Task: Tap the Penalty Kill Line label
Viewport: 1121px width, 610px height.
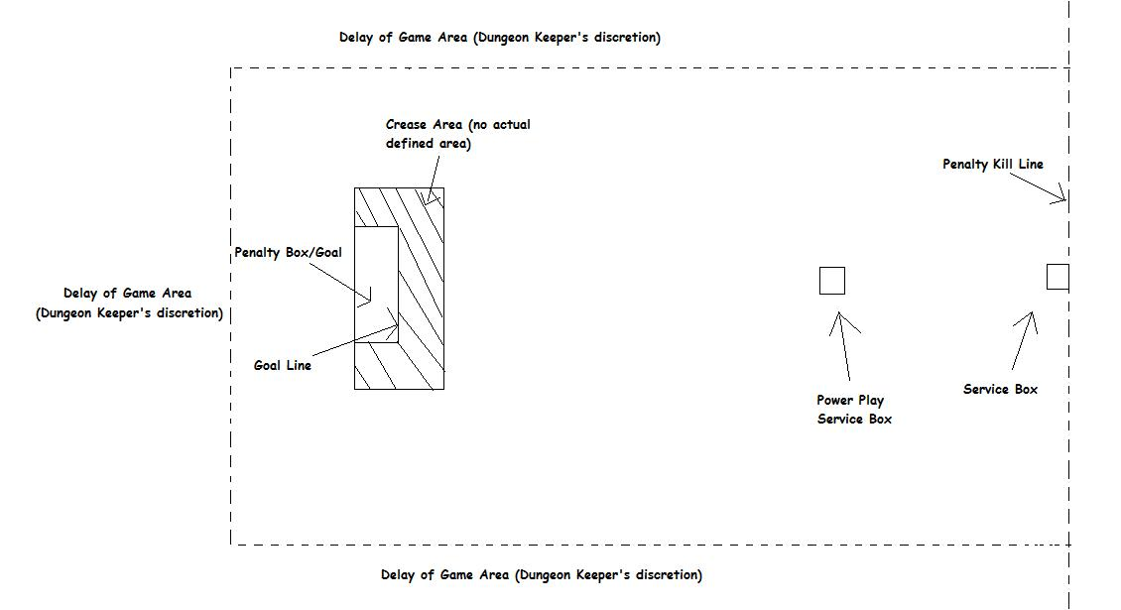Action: click(993, 164)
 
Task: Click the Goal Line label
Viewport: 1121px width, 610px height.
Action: click(283, 365)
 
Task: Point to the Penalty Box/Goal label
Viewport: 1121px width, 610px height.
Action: click(288, 252)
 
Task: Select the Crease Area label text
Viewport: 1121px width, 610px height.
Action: click(457, 134)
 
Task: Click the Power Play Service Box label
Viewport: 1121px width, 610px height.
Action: click(854, 409)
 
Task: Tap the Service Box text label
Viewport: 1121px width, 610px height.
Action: click(1000, 389)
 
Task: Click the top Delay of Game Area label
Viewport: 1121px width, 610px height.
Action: click(500, 37)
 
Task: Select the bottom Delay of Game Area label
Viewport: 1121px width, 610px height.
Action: click(542, 575)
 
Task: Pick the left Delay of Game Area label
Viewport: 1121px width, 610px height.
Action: click(129, 303)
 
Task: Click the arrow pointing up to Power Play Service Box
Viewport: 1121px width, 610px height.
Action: click(843, 346)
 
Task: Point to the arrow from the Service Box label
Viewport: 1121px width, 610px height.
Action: click(1024, 340)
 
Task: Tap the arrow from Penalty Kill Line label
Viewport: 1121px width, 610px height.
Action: click(1038, 187)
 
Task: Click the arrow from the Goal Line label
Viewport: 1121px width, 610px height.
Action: click(355, 341)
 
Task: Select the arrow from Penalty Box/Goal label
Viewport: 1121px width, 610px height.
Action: click(340, 282)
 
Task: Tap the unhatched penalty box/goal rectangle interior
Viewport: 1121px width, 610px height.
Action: click(376, 285)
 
